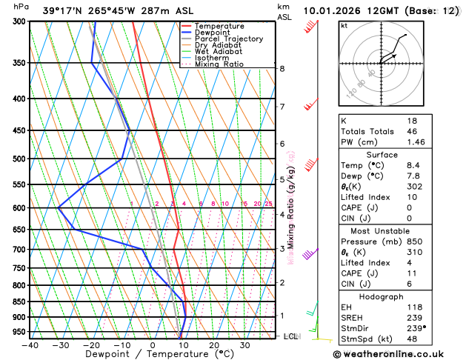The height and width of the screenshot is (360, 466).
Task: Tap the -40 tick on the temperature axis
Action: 30,344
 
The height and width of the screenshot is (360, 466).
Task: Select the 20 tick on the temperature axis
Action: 213,344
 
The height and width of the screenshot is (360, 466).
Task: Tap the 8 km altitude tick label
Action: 282,69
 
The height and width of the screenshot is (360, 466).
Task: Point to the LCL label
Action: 291,336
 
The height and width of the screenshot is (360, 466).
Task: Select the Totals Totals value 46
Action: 412,131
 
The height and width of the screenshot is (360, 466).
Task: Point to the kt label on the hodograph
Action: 344,25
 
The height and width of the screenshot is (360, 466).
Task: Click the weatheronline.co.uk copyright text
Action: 399,353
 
